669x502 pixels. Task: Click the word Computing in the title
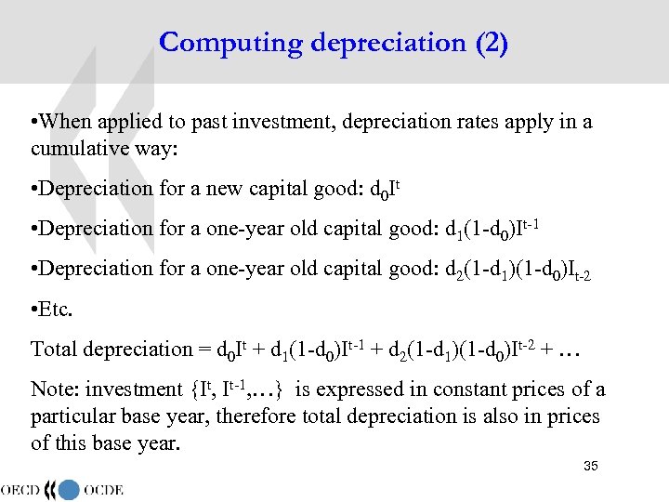(x=217, y=43)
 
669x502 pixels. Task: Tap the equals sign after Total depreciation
(x=202, y=350)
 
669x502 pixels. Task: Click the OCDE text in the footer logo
(x=103, y=489)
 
